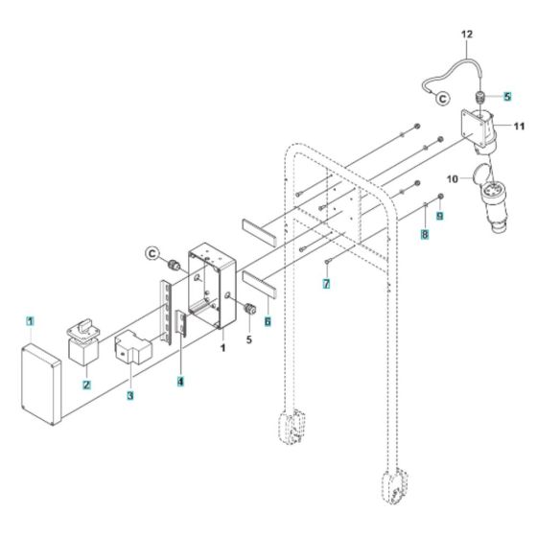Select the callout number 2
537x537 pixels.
[86, 385]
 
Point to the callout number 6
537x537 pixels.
[266, 323]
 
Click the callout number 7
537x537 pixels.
[326, 285]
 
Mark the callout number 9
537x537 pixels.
[440, 218]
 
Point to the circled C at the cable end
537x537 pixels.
[442, 98]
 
